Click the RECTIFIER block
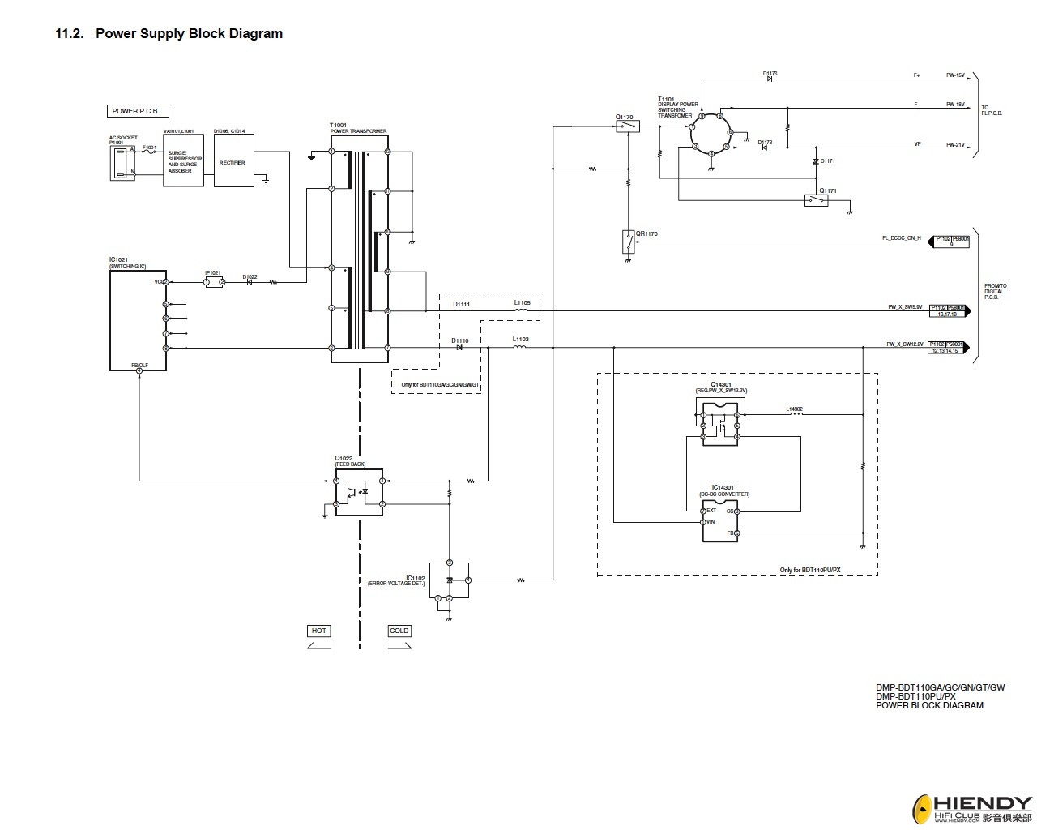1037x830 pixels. tap(233, 161)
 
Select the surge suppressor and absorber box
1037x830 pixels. tap(183, 161)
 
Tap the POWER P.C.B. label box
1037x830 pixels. tap(138, 111)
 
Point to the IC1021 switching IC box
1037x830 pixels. tap(139, 320)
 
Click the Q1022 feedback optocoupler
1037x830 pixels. tap(359, 492)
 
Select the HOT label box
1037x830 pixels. tap(319, 631)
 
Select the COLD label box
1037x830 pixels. tap(399, 631)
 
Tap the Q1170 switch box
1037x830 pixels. tap(627, 126)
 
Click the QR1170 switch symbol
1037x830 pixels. tap(628, 242)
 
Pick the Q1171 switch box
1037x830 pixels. tap(816, 200)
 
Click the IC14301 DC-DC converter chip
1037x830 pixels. tap(720, 521)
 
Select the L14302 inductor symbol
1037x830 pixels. tap(796, 414)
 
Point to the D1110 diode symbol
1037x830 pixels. tap(459, 348)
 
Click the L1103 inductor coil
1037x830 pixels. tap(520, 348)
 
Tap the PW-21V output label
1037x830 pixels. tap(955, 144)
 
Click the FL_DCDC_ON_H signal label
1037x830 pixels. tap(901, 238)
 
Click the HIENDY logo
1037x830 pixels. tap(972, 806)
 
